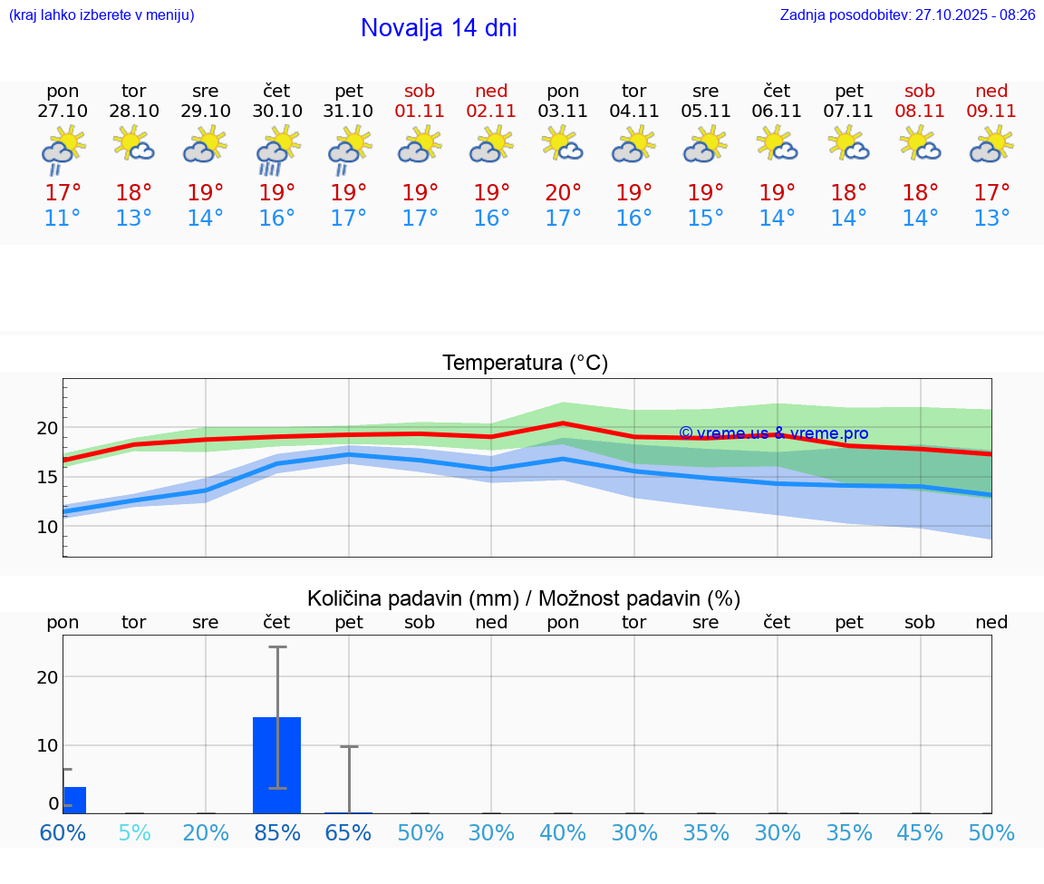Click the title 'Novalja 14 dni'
coord(439,28)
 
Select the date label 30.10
coord(277,111)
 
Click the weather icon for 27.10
coord(63,148)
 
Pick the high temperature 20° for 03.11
coord(563,192)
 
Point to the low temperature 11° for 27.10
coord(63,219)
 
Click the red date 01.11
coord(420,111)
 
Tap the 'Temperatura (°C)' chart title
coord(525,364)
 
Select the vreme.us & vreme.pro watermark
coord(773,433)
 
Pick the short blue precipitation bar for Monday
coord(74,800)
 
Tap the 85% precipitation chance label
coord(277,833)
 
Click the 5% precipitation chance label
coord(134,833)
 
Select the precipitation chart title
coord(524,598)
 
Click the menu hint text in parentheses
coord(101,15)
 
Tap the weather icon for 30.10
coord(277,148)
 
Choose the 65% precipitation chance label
coord(349,833)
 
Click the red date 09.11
coord(991,111)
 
